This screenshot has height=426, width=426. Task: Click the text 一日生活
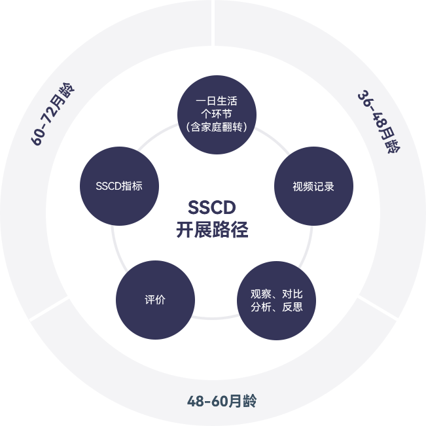tap(216, 101)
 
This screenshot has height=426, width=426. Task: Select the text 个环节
tap(216, 114)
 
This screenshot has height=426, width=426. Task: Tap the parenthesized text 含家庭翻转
tap(216, 127)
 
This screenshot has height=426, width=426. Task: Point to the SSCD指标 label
tap(118, 186)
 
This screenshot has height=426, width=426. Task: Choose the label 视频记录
tap(313, 186)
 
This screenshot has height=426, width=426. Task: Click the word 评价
tap(155, 300)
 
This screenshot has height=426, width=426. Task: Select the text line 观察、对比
tap(276, 294)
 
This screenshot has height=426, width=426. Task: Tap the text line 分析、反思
tap(276, 307)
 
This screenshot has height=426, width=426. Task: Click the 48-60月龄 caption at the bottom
tap(222, 401)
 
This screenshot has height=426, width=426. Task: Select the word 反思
tap(293, 307)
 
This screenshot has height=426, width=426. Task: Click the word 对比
tap(293, 294)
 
